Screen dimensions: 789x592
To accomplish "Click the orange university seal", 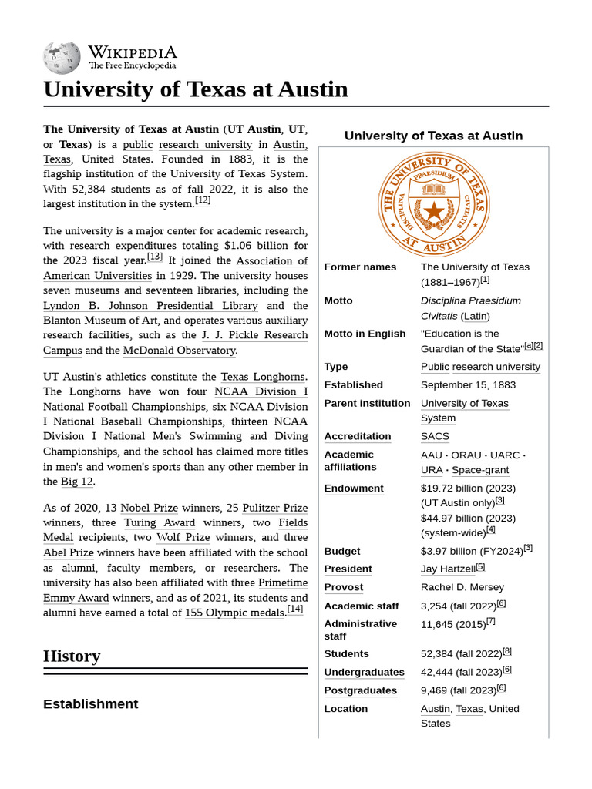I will click(434, 201).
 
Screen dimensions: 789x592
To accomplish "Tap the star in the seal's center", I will click(434, 210).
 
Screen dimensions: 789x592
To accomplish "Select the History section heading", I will click(72, 656).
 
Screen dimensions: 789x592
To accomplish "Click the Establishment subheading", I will click(90, 704).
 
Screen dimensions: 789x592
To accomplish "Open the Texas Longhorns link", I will click(264, 377).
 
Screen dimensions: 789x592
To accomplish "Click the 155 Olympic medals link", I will click(234, 613).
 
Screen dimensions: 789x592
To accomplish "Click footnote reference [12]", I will click(203, 201).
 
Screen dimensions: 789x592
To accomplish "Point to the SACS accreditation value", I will click(435, 437).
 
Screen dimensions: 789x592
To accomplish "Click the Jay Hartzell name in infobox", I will click(447, 569).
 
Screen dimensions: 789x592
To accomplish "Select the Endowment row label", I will click(353, 489).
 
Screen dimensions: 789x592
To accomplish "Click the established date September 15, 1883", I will click(468, 385).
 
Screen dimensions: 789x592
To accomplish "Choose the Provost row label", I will click(343, 587).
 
